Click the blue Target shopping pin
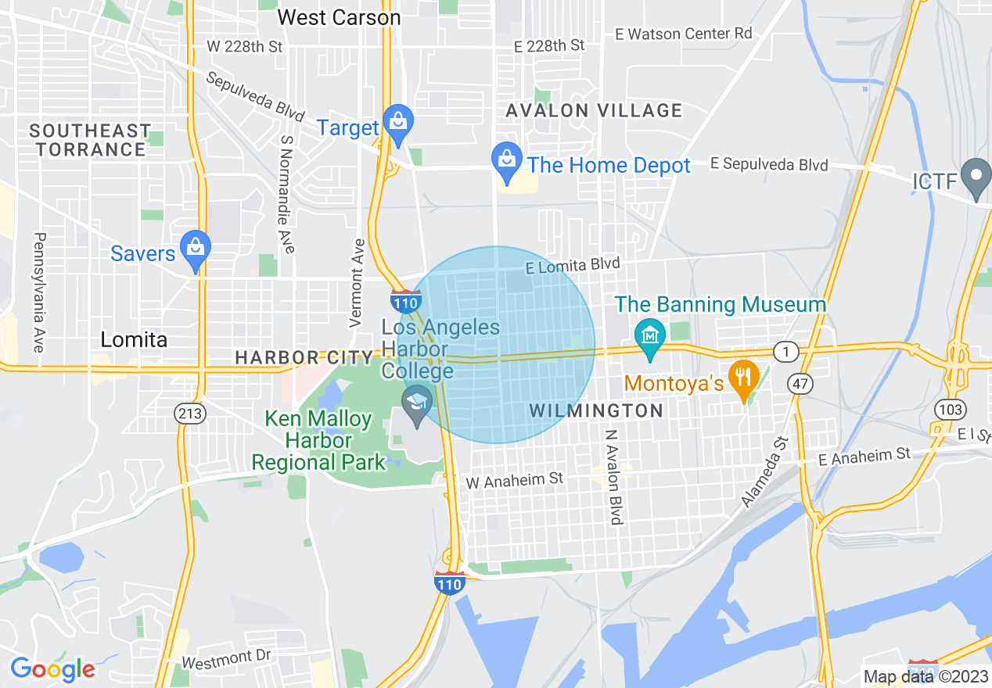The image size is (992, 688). tap(399, 124)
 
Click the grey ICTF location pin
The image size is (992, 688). tap(976, 178)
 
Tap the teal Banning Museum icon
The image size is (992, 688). tap(650, 338)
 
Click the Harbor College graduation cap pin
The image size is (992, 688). tap(417, 405)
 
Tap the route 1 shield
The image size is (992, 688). tap(786, 352)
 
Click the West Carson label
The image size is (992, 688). tap(339, 17)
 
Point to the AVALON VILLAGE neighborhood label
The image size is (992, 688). tap(594, 111)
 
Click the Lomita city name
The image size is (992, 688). tap(134, 339)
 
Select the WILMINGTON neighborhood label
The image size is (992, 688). tap(596, 410)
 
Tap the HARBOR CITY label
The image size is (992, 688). tap(304, 358)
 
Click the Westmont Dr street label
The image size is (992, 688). tap(226, 660)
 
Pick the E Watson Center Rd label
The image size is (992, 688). tap(684, 34)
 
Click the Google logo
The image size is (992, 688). tap(52, 669)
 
